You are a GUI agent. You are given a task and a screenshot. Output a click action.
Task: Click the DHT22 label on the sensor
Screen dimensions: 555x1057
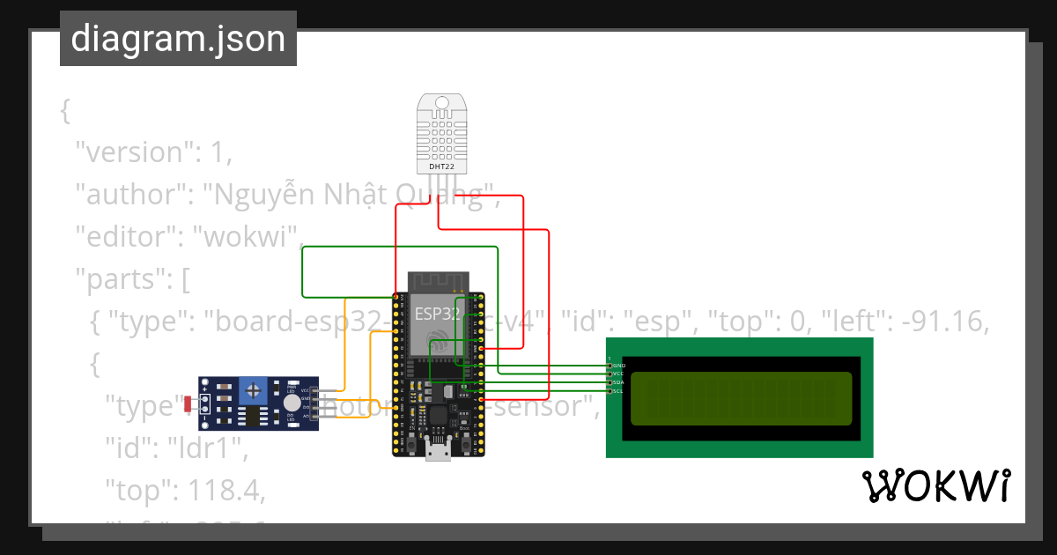coord(441,166)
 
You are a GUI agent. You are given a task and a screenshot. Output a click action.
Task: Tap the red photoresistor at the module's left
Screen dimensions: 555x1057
coord(188,403)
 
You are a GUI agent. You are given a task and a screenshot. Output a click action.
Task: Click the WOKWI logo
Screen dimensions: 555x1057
coord(936,486)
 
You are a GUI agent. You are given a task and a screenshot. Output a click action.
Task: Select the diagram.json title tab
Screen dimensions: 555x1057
coord(178,39)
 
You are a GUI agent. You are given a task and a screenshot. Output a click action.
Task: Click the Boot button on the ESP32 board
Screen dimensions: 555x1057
coord(464,445)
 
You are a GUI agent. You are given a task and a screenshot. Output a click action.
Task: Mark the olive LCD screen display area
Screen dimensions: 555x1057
coord(741,397)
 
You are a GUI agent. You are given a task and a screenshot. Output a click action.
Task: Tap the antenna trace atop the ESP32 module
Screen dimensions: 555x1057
coord(438,281)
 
